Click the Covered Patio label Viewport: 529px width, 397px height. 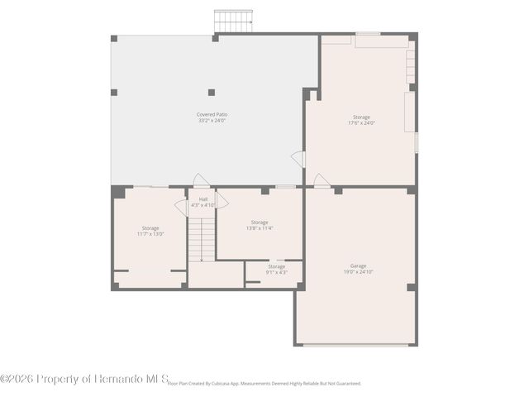pos(212,114)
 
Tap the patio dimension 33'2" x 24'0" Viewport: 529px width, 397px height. pos(212,121)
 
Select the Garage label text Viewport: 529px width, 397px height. pos(358,265)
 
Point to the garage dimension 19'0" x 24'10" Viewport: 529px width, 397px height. pos(358,272)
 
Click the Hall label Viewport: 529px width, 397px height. pos(203,198)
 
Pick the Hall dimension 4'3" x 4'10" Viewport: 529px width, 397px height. pos(203,205)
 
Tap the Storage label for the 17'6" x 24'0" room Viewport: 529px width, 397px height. pos(361,117)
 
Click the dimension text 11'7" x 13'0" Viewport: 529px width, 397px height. pos(150,234)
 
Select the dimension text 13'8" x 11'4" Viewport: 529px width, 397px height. pos(260,228)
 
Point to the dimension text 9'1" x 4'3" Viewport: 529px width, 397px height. pos(276,272)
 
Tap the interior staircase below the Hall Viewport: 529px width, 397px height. pos(201,237)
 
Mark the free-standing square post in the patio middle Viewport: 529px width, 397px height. pos(212,92)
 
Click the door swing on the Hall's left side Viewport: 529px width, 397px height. pos(181,208)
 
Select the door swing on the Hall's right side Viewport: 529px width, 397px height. pos(222,200)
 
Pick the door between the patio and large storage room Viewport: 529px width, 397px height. pos(299,159)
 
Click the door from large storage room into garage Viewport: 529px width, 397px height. pos(322,180)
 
